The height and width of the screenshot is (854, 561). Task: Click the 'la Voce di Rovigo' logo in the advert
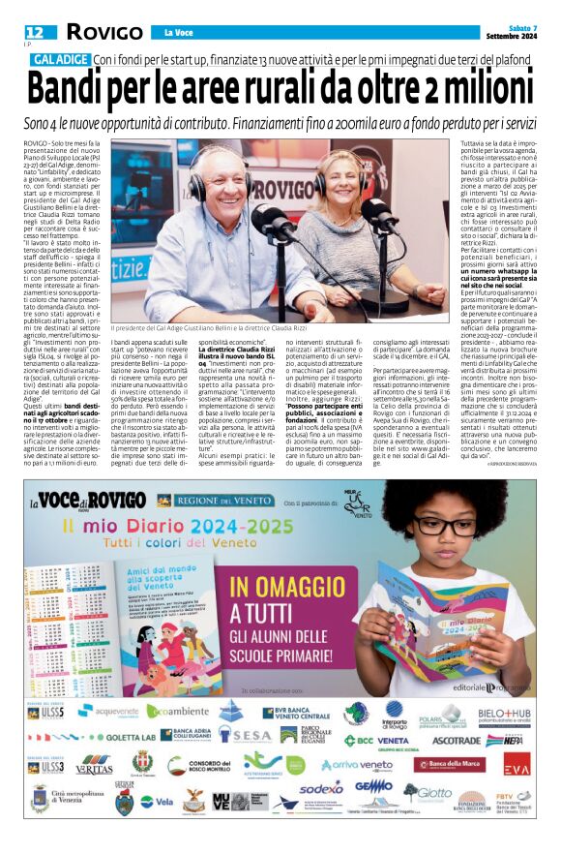[92, 501]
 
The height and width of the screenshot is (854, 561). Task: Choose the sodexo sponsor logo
[321, 789]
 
